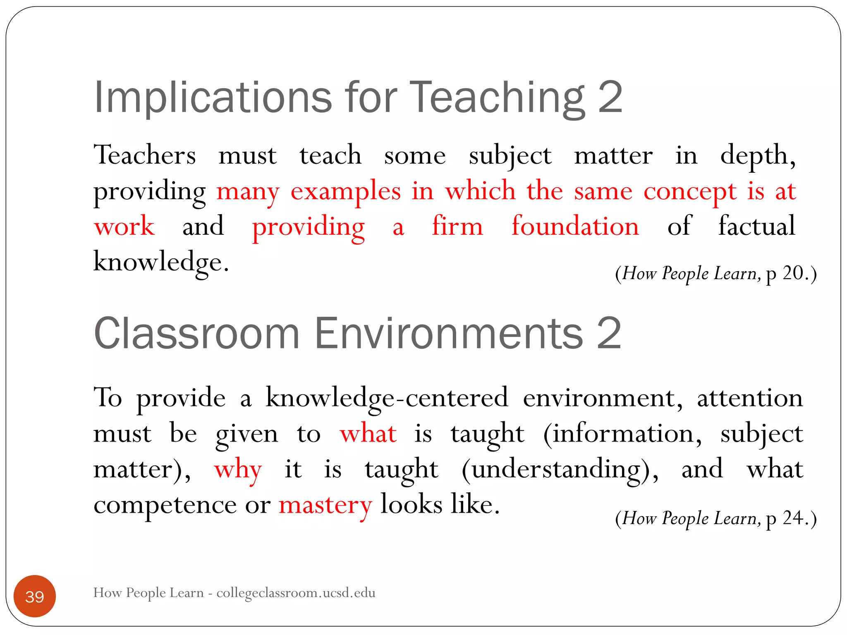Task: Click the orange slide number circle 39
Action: click(x=35, y=596)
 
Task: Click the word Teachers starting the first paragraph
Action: click(x=145, y=155)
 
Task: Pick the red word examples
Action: click(x=346, y=191)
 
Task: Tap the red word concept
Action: click(x=690, y=191)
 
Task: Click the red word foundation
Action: click(x=575, y=227)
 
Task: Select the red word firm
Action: click(x=457, y=227)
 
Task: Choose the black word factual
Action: click(x=756, y=227)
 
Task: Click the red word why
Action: click(x=238, y=470)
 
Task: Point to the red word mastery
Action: click(x=325, y=505)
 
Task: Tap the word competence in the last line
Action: click(x=165, y=505)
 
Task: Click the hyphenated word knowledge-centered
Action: click(x=386, y=398)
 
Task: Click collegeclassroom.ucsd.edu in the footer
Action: click(x=296, y=592)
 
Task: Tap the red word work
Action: click(x=124, y=227)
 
